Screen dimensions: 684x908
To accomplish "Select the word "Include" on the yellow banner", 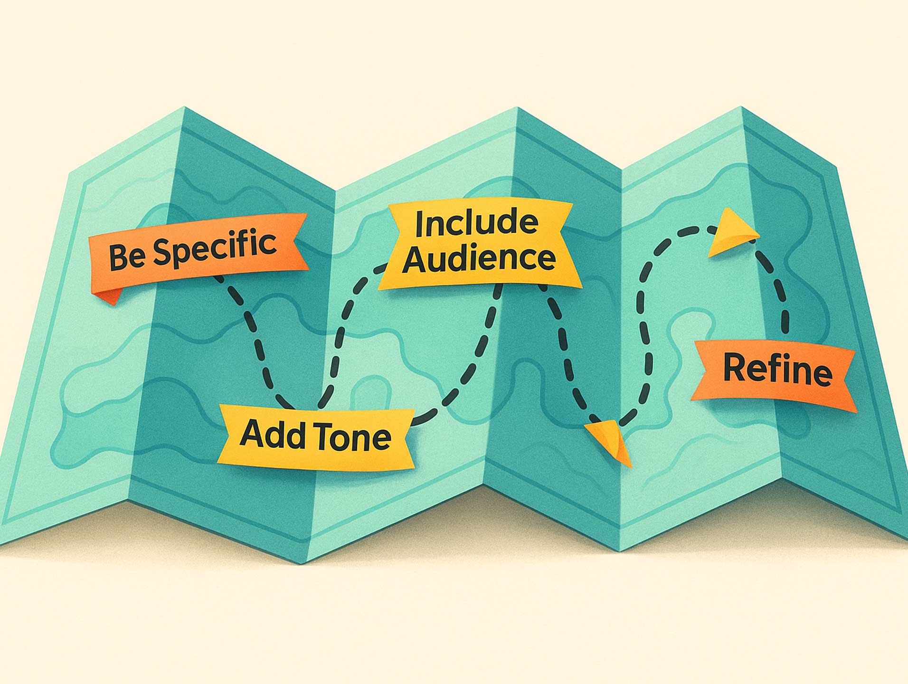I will [x=476, y=223].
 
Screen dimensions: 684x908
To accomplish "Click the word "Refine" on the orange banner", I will [x=777, y=371].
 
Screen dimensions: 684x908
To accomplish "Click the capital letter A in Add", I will [x=252, y=433].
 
